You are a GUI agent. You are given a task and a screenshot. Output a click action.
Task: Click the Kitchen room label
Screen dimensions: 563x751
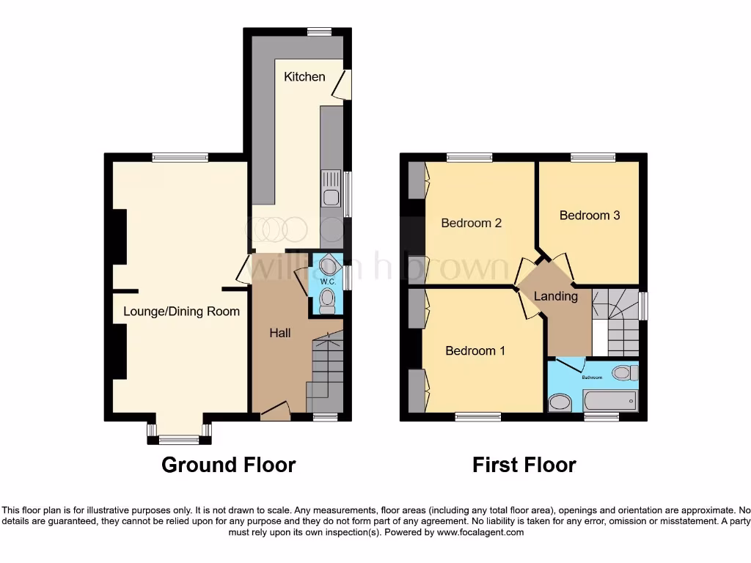304,76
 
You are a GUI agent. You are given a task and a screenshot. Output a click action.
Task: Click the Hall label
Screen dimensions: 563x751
279,333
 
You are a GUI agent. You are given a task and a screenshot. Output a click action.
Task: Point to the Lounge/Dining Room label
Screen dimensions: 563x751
181,312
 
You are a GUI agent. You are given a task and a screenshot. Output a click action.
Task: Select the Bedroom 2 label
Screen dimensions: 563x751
471,223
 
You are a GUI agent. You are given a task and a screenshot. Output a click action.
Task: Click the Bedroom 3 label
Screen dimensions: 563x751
590,216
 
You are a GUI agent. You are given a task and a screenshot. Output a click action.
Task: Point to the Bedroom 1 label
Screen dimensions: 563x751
475,350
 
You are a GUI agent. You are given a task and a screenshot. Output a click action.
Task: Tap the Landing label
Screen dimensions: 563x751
555,296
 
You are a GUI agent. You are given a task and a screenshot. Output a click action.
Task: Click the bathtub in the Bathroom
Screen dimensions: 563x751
609,400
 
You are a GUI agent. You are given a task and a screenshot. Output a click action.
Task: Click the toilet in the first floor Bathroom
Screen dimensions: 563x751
623,373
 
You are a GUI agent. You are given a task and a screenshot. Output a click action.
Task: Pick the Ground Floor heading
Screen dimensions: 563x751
228,465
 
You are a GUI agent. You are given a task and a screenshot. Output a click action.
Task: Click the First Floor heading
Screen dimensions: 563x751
524,465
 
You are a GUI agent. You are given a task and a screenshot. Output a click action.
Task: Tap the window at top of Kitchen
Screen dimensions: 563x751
318,31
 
